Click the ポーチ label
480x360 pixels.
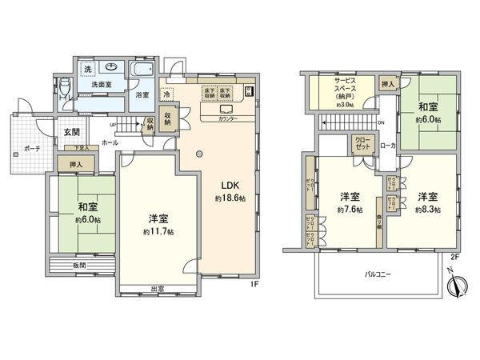coord(32,149)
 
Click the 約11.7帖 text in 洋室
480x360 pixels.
coord(158,231)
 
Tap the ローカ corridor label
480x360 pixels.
coord(387,146)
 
